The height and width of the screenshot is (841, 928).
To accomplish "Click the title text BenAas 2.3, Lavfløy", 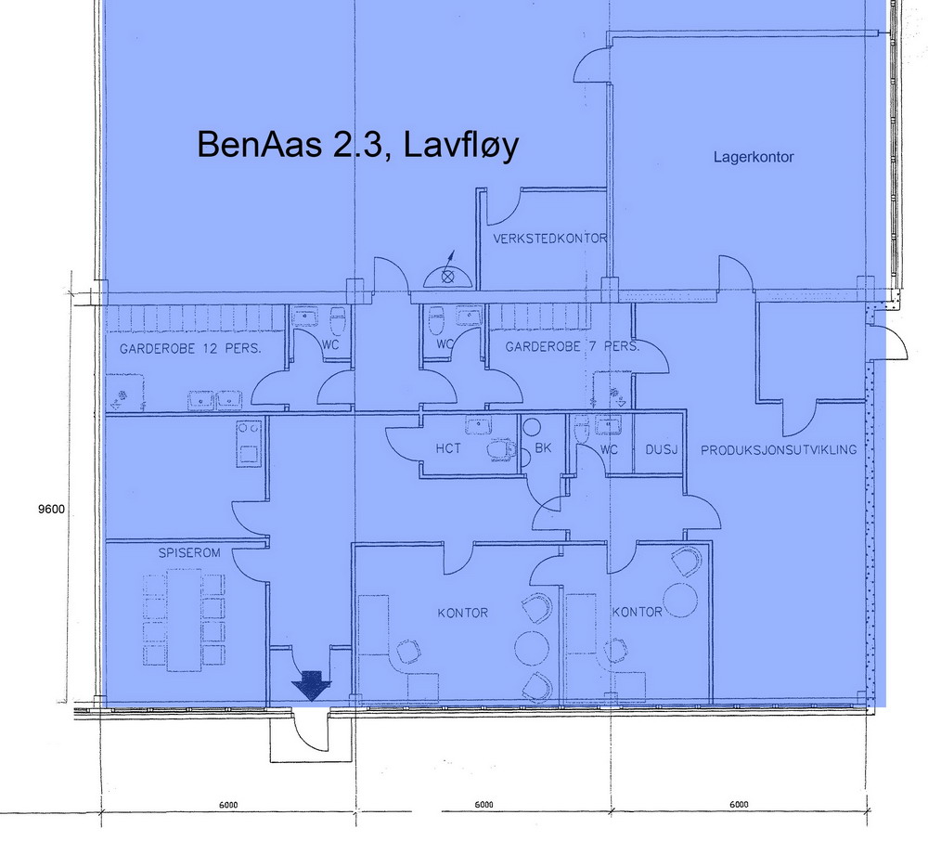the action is click(x=358, y=145).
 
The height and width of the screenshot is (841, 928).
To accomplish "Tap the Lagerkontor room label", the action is click(x=754, y=158).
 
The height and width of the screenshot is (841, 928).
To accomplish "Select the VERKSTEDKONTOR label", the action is click(x=549, y=239).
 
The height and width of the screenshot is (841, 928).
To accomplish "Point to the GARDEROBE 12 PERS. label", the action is click(x=190, y=349).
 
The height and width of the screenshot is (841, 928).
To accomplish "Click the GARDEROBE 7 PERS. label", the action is click(x=572, y=346).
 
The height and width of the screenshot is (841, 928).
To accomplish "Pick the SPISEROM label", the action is click(x=188, y=552).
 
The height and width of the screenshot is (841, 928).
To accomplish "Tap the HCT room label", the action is click(x=448, y=448).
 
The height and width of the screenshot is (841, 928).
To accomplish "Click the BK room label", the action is click(x=543, y=448).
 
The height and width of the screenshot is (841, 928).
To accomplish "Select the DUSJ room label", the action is click(x=661, y=450).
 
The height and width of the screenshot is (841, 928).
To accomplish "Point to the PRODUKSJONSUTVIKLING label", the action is click(x=779, y=450).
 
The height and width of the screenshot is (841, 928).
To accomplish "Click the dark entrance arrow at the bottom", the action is click(x=311, y=686).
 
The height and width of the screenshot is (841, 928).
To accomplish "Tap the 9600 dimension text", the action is click(x=51, y=509).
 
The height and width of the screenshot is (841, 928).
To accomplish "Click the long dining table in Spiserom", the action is click(x=185, y=620).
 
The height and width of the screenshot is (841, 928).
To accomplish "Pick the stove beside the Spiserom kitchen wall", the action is click(x=249, y=444).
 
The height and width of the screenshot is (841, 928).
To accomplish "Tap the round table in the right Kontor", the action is click(x=680, y=601).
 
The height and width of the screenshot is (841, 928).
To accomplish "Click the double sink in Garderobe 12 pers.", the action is click(x=215, y=401).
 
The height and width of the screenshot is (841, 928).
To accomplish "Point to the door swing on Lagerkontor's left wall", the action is click(x=590, y=65).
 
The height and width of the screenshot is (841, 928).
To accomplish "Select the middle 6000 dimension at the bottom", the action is click(x=483, y=804).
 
